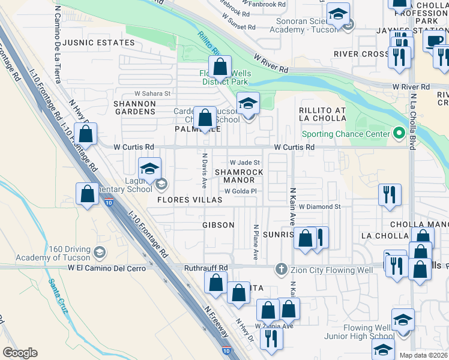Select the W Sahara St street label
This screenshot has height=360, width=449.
click(x=152, y=94)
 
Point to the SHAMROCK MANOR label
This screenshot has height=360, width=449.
click(x=243, y=176)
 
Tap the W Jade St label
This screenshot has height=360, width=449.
click(x=245, y=163)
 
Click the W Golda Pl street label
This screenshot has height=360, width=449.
click(x=241, y=191)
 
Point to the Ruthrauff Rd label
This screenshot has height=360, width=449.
click(x=206, y=268)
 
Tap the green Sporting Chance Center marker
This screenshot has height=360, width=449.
click(x=397, y=134)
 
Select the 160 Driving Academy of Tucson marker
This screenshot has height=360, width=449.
click(x=100, y=252)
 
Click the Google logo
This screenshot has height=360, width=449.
click(x=20, y=353)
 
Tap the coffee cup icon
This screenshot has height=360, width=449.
click(x=434, y=40)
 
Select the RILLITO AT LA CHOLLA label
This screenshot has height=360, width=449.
click(x=323, y=114)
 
